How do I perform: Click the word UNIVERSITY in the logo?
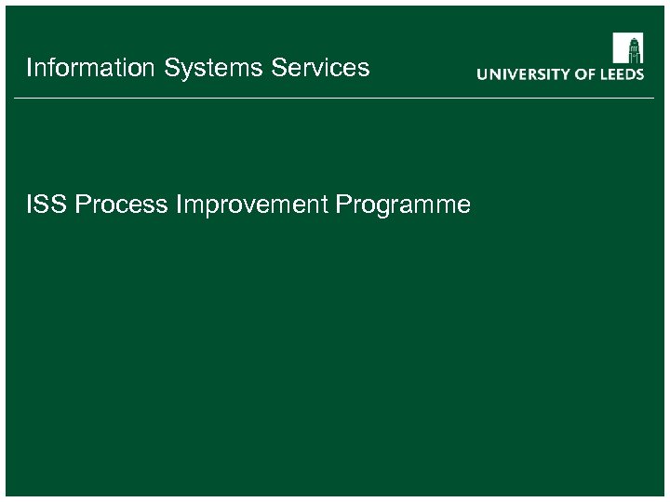[x=525, y=74]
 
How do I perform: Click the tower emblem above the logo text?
[x=627, y=48]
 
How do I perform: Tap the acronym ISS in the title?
[x=47, y=205]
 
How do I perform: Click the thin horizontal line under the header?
[x=335, y=97]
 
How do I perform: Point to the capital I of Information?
[x=30, y=68]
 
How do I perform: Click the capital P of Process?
[x=82, y=205]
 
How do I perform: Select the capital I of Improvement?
[x=178, y=205]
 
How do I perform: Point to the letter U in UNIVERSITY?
[x=483, y=74]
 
